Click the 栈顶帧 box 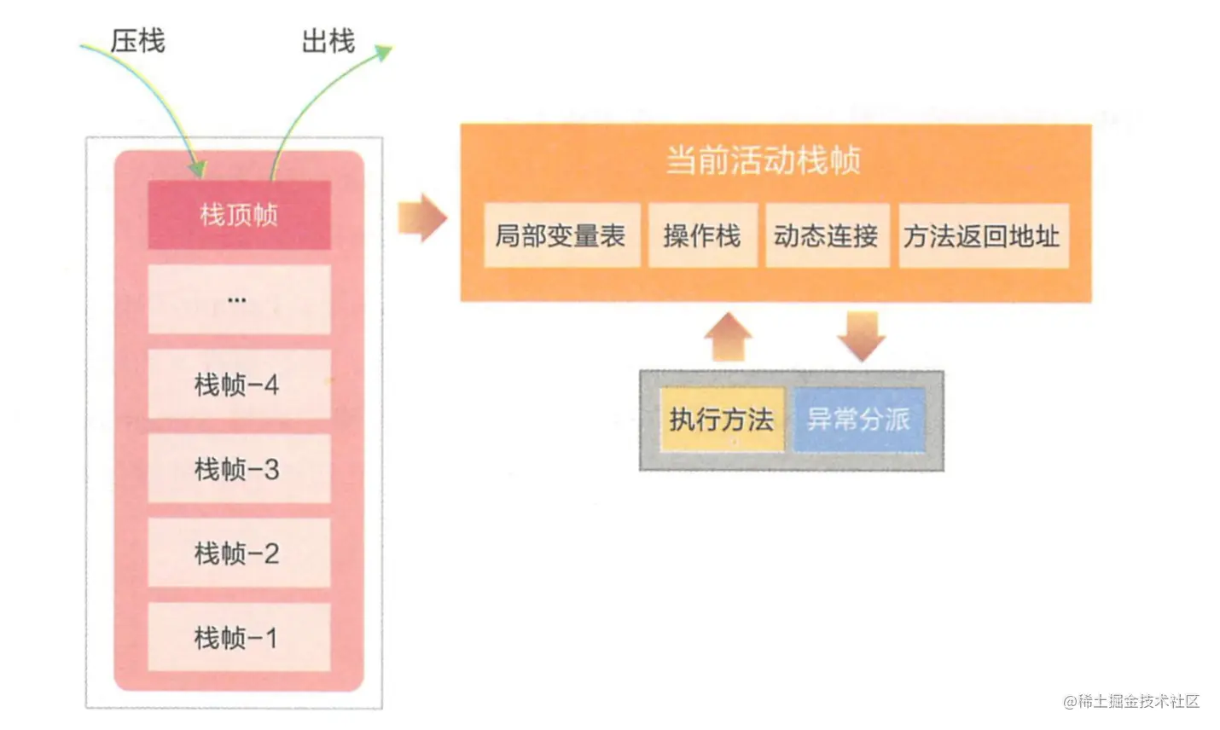[239, 215]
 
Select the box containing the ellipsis [239, 299]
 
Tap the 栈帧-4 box [239, 385]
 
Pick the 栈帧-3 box [239, 469]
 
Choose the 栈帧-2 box [239, 553]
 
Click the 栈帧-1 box [239, 637]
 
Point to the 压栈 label [137, 40]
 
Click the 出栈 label [328, 40]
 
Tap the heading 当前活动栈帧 [764, 160]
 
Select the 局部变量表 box [561, 235]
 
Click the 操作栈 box [702, 235]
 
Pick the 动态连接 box [826, 235]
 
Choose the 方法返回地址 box [983, 235]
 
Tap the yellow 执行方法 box [722, 419]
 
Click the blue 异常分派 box [859, 419]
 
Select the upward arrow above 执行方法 [728, 337]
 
